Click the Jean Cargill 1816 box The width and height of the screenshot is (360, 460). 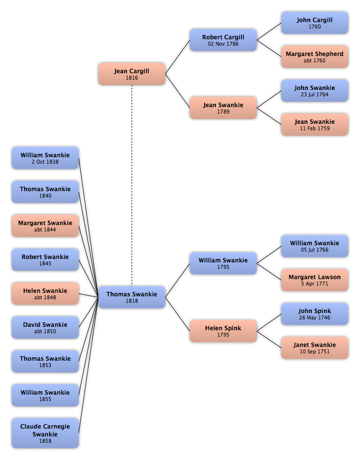pyautogui.click(x=132, y=74)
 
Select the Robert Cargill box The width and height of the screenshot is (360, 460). pyautogui.click(x=223, y=40)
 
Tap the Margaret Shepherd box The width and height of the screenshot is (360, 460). pyautogui.click(x=314, y=57)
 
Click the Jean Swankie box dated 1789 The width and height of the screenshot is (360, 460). pyautogui.click(x=223, y=108)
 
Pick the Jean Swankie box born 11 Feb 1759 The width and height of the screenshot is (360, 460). pyautogui.click(x=314, y=125)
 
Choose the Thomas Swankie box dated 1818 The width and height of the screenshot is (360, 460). pyautogui.click(x=132, y=297)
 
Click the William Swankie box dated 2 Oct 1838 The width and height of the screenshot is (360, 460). pyautogui.click(x=45, y=158)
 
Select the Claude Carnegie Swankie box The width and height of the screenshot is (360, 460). pyautogui.click(x=45, y=433)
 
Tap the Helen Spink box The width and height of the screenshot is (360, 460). pyautogui.click(x=223, y=331)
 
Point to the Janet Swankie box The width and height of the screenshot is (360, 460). pyautogui.click(x=314, y=348)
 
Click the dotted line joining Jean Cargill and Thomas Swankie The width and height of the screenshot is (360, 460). pyautogui.click(x=132, y=185)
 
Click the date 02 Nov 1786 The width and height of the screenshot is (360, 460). pyautogui.click(x=223, y=44)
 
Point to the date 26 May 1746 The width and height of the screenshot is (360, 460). pyautogui.click(x=314, y=317)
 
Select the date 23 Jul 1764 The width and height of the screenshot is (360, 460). pyautogui.click(x=314, y=94)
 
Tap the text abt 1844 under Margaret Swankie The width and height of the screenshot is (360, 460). pyautogui.click(x=45, y=230)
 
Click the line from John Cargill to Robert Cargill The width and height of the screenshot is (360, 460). pyautogui.click(x=269, y=31)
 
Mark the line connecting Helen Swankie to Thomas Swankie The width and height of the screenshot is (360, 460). pyautogui.click(x=89, y=295)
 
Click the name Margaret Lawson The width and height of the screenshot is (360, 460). pyautogui.click(x=314, y=277)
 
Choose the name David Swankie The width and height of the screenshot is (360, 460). pyautogui.click(x=45, y=325)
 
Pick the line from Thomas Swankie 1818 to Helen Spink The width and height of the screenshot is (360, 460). pyautogui.click(x=178, y=314)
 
